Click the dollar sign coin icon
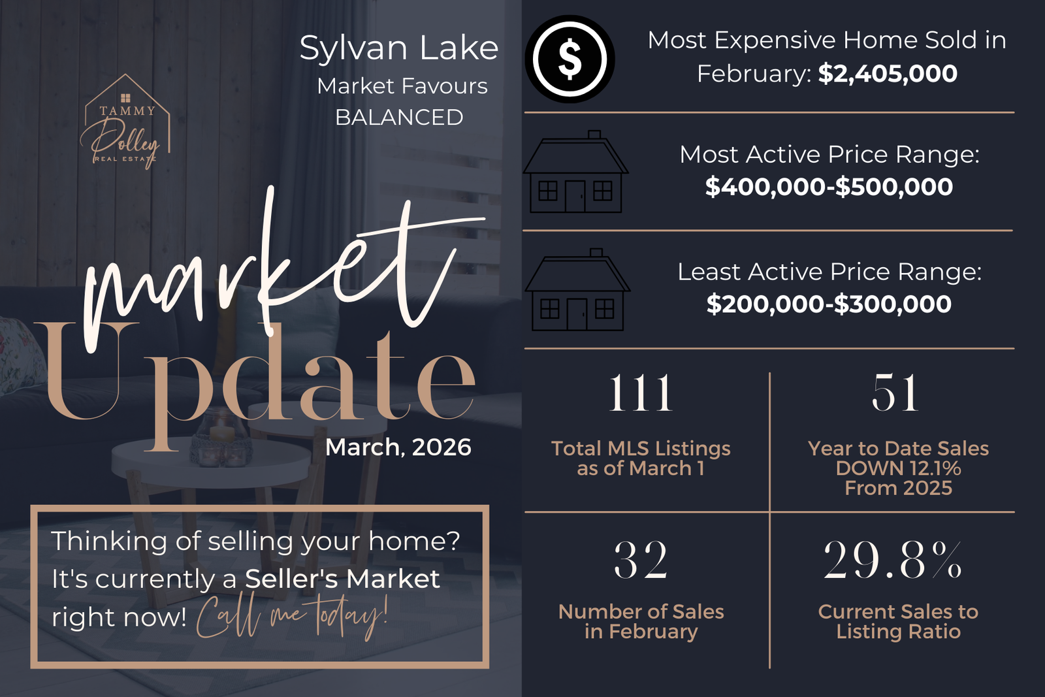click(570, 59)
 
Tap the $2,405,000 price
click(888, 74)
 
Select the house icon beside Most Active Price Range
click(575, 172)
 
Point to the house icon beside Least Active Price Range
click(577, 290)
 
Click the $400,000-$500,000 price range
click(829, 187)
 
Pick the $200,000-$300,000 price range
click(829, 304)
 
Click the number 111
click(641, 393)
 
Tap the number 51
click(895, 393)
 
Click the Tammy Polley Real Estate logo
click(125, 122)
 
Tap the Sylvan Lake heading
click(399, 48)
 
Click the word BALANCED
click(399, 118)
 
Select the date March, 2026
click(398, 447)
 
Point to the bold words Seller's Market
click(342, 579)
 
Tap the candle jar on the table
click(221, 438)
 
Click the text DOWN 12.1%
click(898, 468)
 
